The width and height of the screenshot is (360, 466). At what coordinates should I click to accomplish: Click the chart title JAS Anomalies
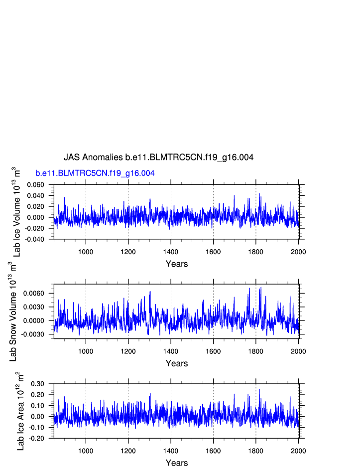pyautogui.click(x=158, y=157)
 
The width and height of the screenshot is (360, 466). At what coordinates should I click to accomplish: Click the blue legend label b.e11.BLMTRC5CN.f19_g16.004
pyautogui.click(x=95, y=173)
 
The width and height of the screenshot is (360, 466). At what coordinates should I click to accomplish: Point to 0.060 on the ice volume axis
pyautogui.click(x=35, y=185)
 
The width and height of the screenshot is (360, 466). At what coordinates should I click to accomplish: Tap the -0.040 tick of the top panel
pyautogui.click(x=34, y=239)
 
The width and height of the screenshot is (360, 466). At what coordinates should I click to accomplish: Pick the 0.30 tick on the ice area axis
pyautogui.click(x=38, y=384)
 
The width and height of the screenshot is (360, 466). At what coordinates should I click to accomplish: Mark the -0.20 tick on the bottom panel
pyautogui.click(x=37, y=438)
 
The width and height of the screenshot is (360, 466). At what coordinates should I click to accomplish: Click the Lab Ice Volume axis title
pyautogui.click(x=17, y=211)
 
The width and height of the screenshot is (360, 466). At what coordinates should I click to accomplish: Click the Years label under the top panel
pyautogui.click(x=177, y=264)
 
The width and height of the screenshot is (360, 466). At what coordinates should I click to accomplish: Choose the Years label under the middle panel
pyautogui.click(x=177, y=364)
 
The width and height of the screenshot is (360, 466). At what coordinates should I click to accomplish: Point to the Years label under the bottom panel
pyautogui.click(x=177, y=463)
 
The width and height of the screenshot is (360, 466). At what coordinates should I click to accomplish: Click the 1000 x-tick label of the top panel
pyautogui.click(x=86, y=251)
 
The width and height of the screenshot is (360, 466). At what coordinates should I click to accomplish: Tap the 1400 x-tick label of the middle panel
pyautogui.click(x=171, y=351)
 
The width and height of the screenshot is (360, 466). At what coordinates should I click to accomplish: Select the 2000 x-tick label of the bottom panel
pyautogui.click(x=298, y=450)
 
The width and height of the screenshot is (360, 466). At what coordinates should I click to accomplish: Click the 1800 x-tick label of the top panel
pyautogui.click(x=256, y=251)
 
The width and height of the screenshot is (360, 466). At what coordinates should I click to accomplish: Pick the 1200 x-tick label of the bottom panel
pyautogui.click(x=128, y=450)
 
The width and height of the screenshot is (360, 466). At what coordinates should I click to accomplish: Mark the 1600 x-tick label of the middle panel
pyautogui.click(x=213, y=351)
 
